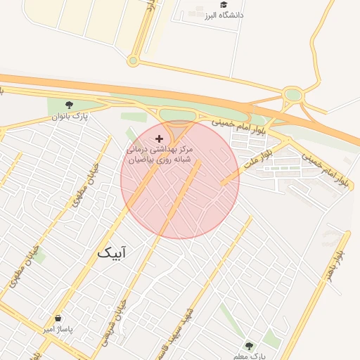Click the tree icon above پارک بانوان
point(68,105)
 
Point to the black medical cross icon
point(159,139)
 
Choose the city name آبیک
point(112,252)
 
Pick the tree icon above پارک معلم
point(248,345)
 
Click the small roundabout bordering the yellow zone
point(133,60)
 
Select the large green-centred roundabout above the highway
point(292,94)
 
